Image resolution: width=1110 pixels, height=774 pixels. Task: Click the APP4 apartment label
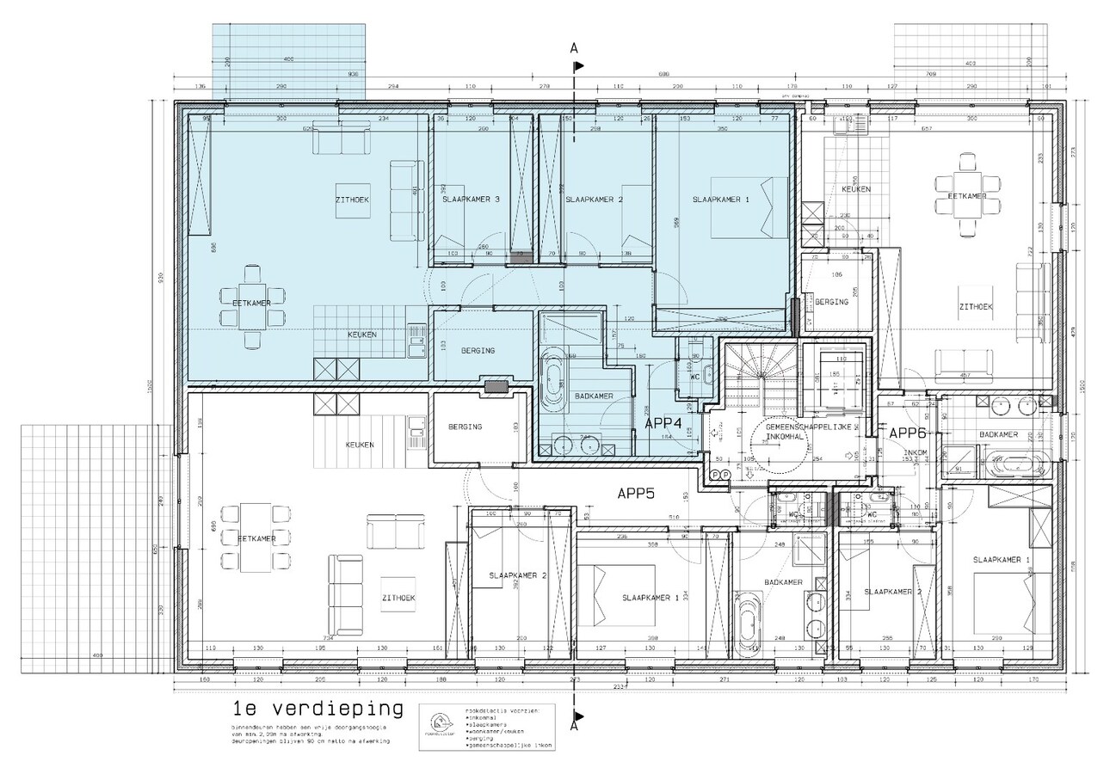663,423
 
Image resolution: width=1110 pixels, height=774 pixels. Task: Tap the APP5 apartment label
636,494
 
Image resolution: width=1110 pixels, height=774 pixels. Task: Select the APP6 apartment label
906,433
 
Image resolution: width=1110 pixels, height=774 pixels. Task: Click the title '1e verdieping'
318,709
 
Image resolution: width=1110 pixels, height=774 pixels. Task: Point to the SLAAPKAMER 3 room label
471,200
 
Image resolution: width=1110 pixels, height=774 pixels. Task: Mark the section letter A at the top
574,48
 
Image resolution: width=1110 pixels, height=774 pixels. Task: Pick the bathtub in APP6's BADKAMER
1015,463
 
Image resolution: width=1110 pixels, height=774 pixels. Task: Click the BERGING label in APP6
831,302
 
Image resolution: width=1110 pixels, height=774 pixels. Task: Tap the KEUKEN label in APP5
360,445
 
